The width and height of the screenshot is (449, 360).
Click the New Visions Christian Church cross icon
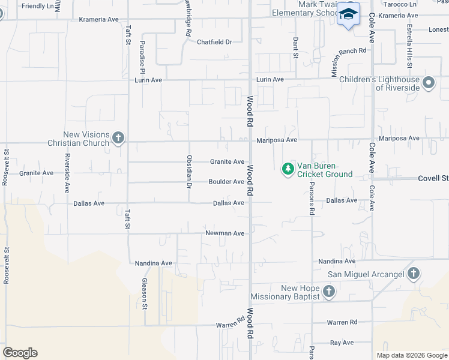118,138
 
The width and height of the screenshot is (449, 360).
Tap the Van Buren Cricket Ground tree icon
288,169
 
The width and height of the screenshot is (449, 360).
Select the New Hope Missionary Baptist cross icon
328,292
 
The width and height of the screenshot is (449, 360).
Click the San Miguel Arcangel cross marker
413,274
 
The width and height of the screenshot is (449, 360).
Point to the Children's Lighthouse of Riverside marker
429,83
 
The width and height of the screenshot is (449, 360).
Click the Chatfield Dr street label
214,42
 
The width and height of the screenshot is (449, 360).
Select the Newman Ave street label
225,233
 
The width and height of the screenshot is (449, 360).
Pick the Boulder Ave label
226,182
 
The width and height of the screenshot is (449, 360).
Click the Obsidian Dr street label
189,170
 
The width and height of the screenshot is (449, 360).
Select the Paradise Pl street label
143,53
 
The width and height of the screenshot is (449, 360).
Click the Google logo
20,353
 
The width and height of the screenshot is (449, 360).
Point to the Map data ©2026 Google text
411,355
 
